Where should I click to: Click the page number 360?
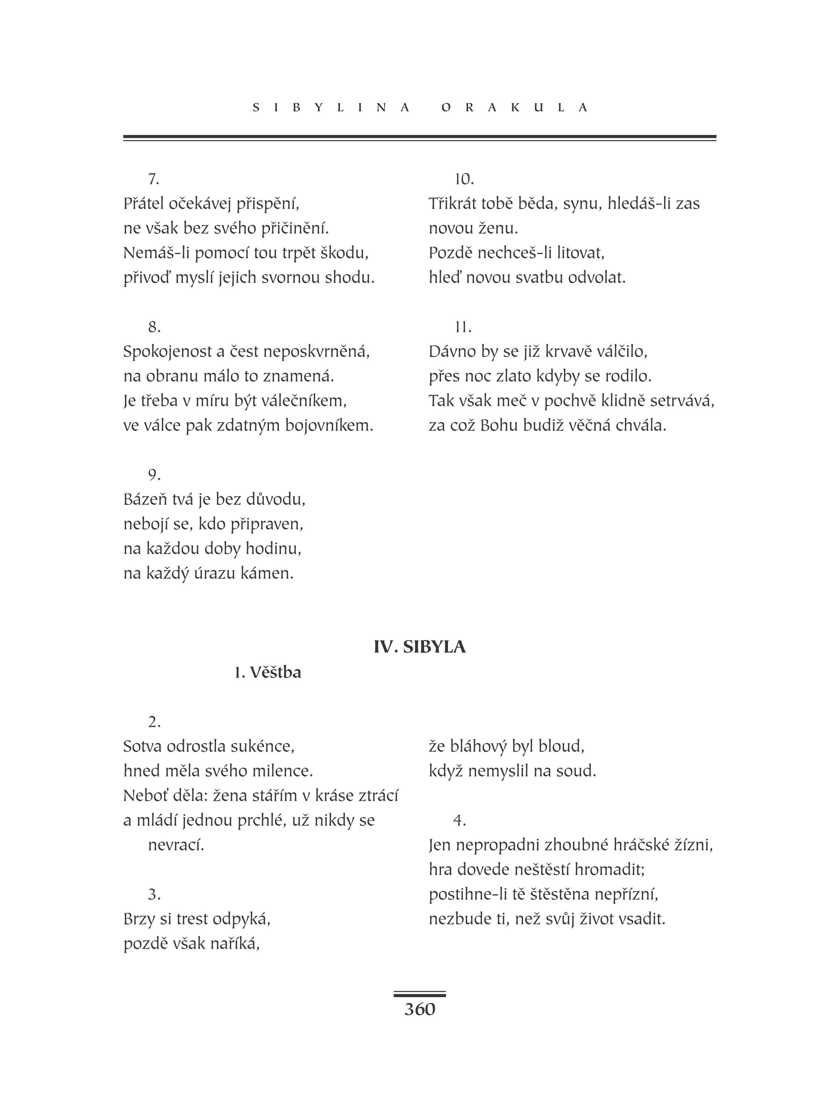(420, 1009)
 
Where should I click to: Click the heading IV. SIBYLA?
(420, 647)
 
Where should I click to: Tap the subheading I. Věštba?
(268, 673)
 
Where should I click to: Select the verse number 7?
(153, 179)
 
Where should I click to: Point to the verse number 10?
(464, 179)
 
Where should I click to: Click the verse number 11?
(463, 327)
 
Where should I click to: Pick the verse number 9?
(154, 475)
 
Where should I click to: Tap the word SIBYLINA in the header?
(331, 108)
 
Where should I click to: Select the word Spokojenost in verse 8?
(167, 352)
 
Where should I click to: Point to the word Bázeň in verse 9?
(144, 499)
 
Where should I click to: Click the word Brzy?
(139, 918)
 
